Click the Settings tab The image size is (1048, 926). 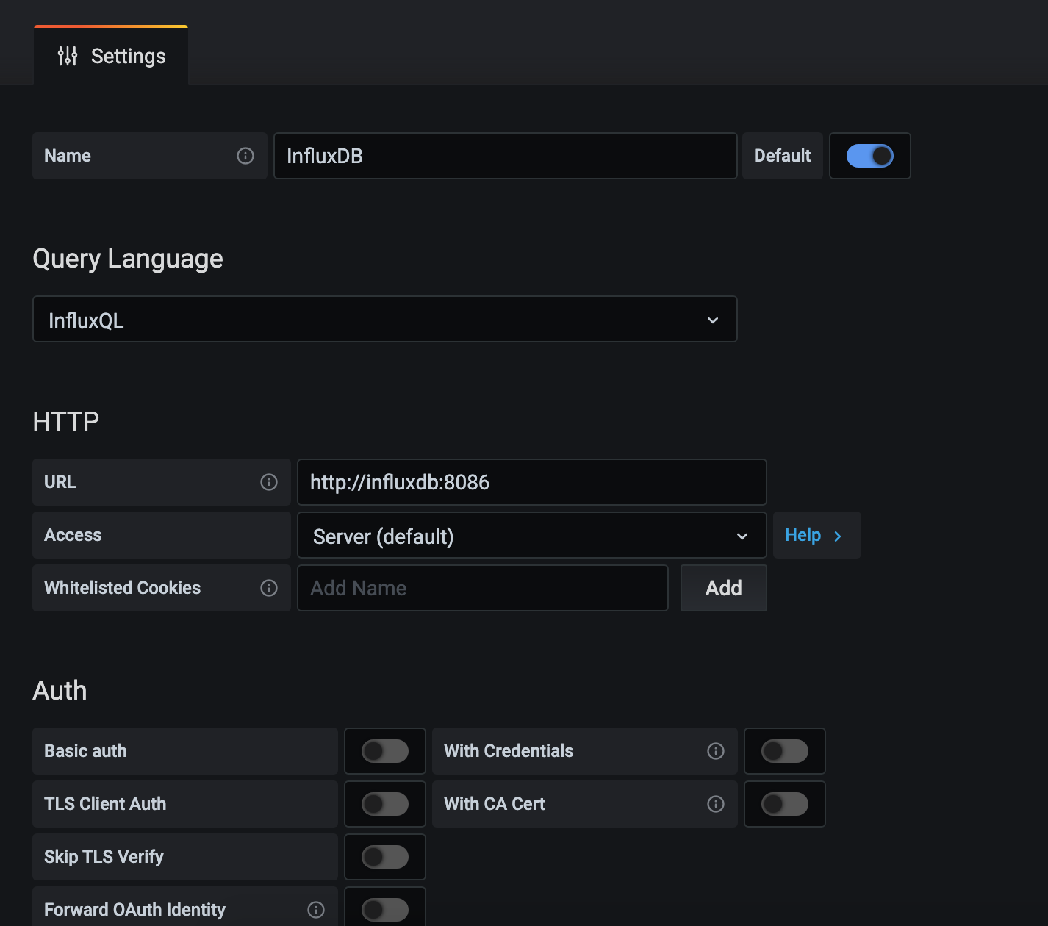click(x=111, y=56)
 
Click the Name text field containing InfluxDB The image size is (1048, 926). click(x=505, y=156)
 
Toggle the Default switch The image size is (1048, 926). click(x=869, y=156)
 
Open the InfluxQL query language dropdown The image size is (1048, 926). click(x=385, y=319)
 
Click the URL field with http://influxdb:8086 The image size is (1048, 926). click(x=532, y=482)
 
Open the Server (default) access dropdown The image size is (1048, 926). click(x=532, y=536)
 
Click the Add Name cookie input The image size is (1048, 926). click(x=483, y=588)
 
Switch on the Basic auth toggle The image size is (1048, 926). click(x=385, y=751)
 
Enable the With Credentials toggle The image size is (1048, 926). click(x=785, y=751)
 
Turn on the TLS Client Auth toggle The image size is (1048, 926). click(x=385, y=804)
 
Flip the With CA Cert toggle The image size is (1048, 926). click(x=785, y=804)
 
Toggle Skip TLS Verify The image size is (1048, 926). click(x=385, y=857)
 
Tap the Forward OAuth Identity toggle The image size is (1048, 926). click(x=385, y=910)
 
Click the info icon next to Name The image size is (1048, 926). click(x=245, y=156)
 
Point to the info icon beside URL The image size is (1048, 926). click(x=269, y=482)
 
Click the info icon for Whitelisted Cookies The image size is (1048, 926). click(x=269, y=588)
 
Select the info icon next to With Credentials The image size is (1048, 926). click(x=716, y=751)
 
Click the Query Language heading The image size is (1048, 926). click(x=128, y=259)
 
